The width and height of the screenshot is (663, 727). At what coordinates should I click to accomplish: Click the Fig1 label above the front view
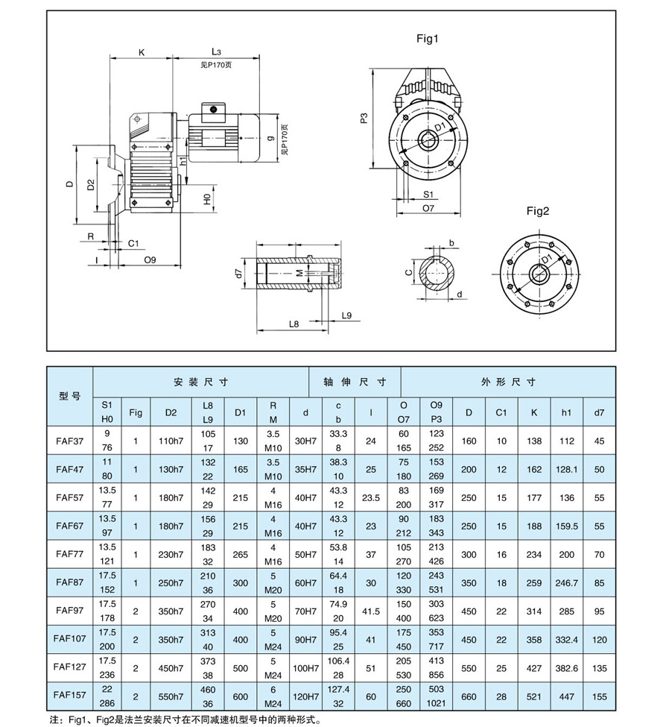pyautogui.click(x=427, y=38)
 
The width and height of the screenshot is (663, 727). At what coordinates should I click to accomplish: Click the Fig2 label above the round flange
pyautogui.click(x=537, y=211)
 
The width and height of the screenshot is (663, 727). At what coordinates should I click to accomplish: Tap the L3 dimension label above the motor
pyautogui.click(x=216, y=52)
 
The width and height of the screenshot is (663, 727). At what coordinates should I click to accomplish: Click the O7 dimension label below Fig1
pyautogui.click(x=428, y=209)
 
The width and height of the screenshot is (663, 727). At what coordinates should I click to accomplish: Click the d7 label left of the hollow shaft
pyautogui.click(x=238, y=274)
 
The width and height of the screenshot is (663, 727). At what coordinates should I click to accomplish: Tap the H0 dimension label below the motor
pyautogui.click(x=206, y=199)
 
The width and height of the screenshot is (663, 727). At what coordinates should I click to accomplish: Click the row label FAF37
pyautogui.click(x=69, y=441)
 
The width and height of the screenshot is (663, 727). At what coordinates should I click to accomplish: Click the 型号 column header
pyautogui.click(x=69, y=395)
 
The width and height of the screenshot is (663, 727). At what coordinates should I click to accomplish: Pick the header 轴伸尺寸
pyautogui.click(x=355, y=382)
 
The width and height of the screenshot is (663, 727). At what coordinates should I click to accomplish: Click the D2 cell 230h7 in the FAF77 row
pyautogui.click(x=171, y=554)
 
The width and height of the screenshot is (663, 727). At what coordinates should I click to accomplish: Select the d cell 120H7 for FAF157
pyautogui.click(x=305, y=696)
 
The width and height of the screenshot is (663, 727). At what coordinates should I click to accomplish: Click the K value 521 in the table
pyautogui.click(x=533, y=696)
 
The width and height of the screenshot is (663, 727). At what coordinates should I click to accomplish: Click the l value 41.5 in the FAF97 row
pyautogui.click(x=371, y=611)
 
